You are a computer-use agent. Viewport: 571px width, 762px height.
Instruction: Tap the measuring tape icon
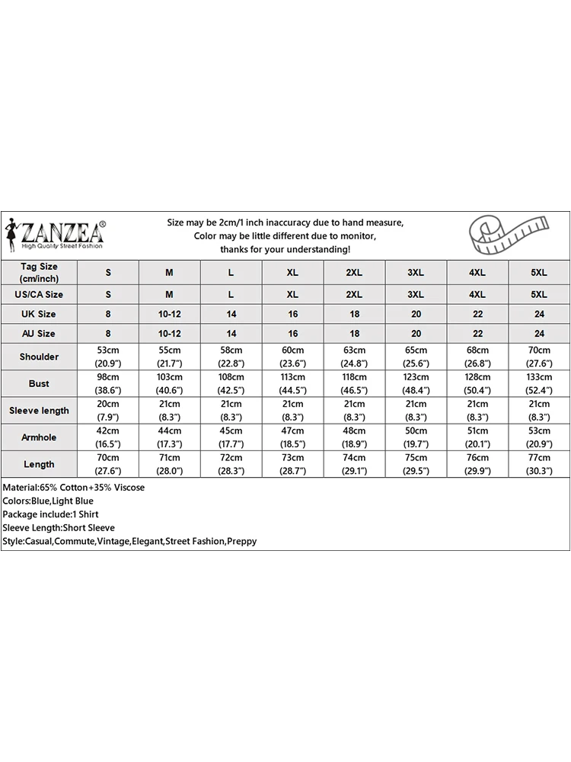511,234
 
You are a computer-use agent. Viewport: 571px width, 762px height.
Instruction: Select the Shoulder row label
39,357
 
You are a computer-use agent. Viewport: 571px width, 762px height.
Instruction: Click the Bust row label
39,383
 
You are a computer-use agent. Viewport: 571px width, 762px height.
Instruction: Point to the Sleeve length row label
39,410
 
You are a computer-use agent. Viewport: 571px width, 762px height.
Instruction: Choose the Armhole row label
39,437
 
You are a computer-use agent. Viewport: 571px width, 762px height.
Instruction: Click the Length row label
39,464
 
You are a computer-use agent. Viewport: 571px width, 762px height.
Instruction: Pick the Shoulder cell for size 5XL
539,357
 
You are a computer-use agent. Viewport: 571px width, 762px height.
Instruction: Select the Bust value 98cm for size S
108,383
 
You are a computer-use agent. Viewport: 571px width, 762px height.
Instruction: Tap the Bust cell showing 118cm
354,383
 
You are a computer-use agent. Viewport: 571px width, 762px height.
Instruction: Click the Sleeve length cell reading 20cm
108,410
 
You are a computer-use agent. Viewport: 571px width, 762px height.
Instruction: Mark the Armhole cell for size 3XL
416,437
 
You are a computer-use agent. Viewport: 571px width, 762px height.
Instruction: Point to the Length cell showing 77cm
539,464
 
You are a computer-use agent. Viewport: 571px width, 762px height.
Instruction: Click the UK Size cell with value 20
416,314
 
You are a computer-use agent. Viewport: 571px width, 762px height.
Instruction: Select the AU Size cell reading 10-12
169,334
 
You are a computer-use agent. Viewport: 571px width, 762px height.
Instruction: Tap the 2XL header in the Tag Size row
354,272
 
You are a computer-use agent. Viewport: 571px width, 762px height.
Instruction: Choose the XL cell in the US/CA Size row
292,294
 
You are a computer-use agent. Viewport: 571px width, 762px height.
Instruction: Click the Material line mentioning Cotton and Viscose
74,487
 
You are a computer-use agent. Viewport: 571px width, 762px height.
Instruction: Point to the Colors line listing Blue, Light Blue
48,501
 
